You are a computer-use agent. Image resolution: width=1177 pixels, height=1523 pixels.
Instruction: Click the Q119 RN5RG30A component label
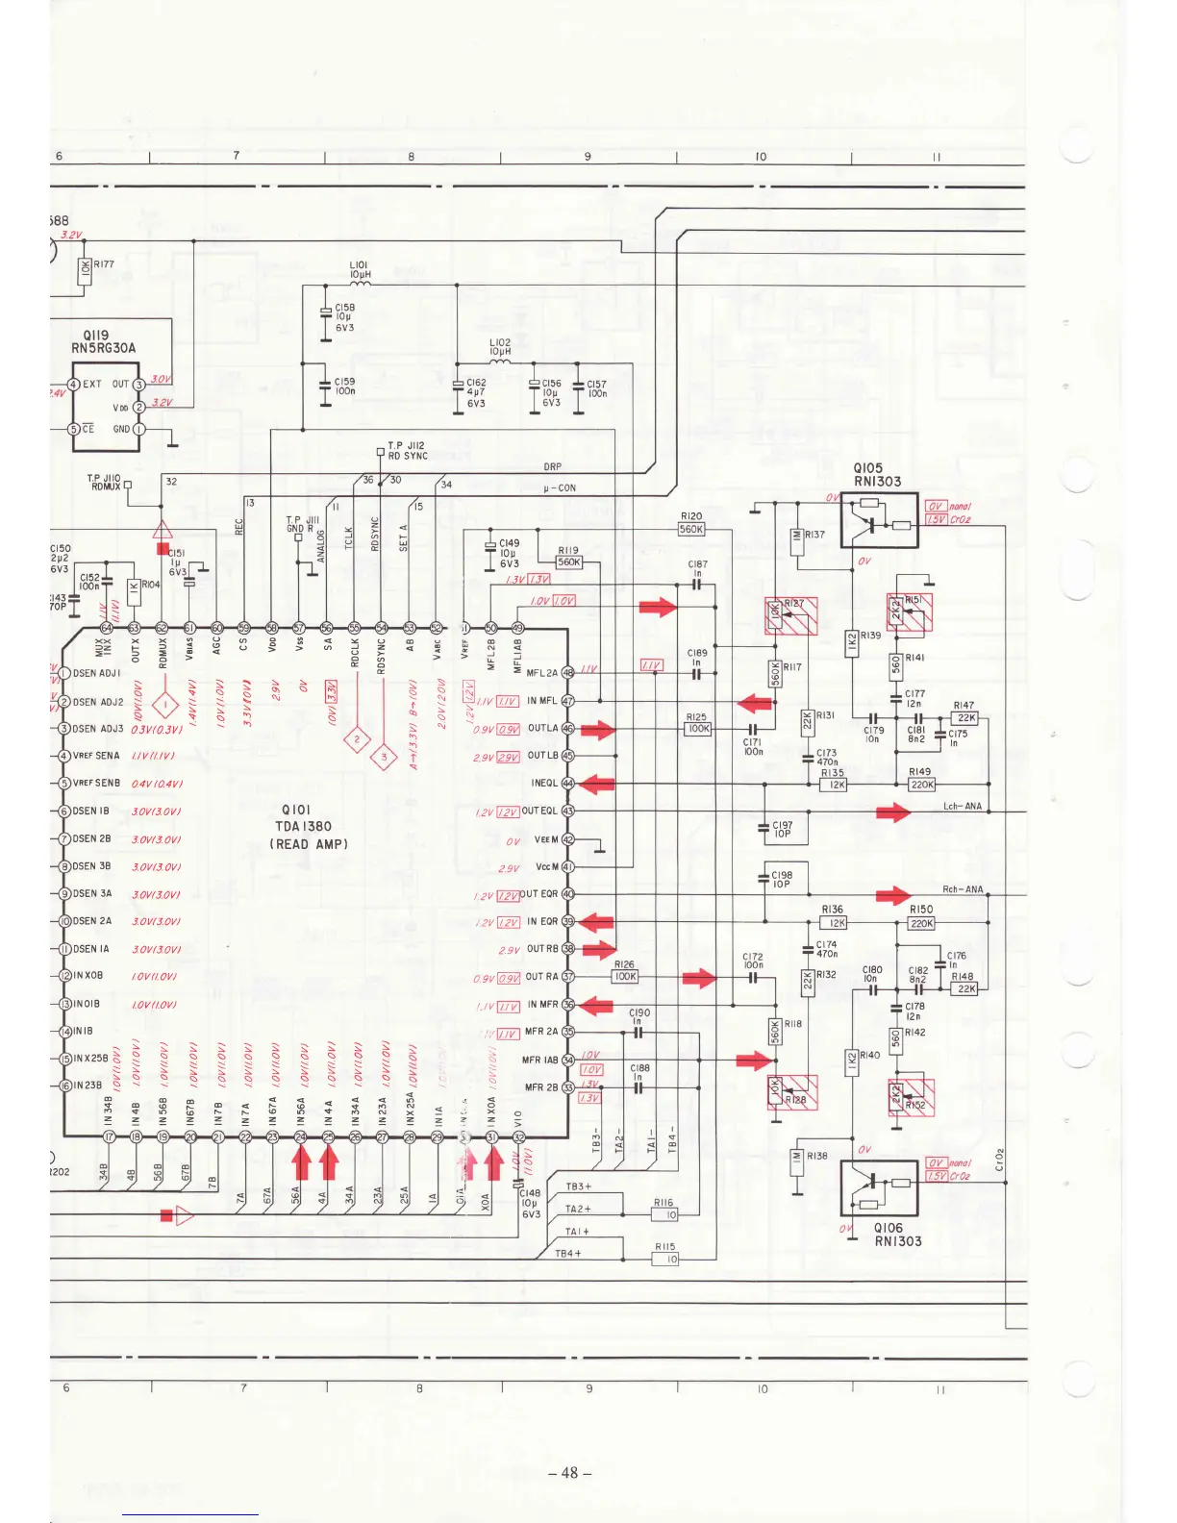(103, 342)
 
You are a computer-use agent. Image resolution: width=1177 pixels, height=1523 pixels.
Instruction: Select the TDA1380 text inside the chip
(303, 826)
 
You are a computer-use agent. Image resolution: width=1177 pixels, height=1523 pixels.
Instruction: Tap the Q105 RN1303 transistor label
(877, 475)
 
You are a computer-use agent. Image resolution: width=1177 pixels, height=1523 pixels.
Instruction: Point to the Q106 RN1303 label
(897, 1235)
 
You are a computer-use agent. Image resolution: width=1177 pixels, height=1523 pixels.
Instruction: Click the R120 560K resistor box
(691, 529)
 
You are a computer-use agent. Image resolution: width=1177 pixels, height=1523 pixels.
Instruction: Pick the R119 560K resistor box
(569, 562)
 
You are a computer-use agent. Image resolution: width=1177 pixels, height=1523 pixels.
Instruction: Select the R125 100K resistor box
(697, 729)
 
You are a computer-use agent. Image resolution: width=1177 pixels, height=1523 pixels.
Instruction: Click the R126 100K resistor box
(625, 976)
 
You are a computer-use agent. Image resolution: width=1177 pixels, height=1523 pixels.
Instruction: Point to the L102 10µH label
(500, 347)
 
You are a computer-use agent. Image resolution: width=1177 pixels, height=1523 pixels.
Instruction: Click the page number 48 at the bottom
(569, 1472)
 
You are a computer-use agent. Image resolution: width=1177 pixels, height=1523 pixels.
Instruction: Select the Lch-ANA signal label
(962, 806)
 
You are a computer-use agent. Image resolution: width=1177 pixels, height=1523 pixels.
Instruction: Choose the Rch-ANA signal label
(962, 889)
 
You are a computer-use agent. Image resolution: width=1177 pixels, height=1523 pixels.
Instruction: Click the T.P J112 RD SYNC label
(407, 451)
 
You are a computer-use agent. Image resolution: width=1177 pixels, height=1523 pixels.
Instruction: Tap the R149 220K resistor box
(922, 785)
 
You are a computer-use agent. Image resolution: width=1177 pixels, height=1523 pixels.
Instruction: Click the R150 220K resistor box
(922, 923)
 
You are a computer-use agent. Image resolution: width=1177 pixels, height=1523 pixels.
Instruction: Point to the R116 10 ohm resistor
(664, 1215)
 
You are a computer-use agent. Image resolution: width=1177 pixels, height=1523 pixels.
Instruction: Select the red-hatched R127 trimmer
(790, 616)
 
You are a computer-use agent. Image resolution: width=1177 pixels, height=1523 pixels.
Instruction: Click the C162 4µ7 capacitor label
(475, 392)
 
